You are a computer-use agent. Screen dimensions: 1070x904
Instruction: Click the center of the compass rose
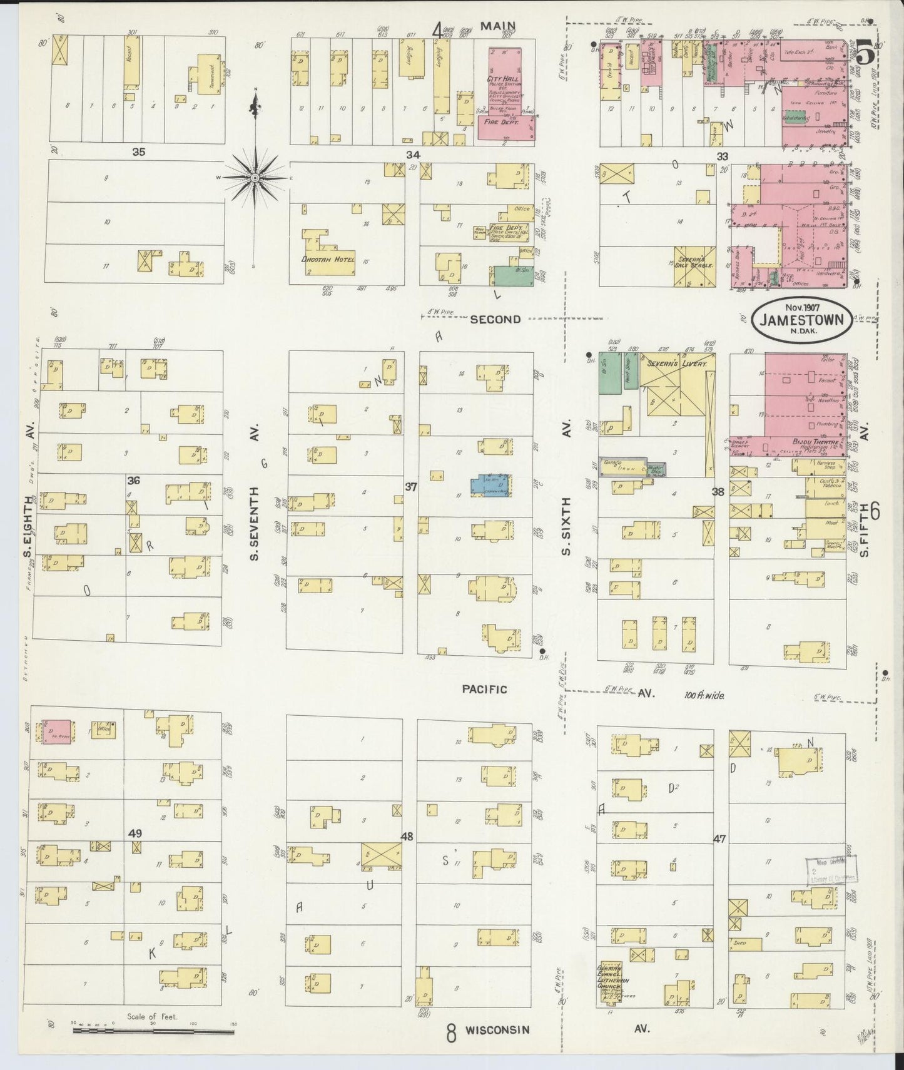256,178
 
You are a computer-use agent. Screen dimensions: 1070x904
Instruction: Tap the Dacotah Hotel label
328,259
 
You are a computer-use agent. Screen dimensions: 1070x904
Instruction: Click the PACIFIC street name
484,689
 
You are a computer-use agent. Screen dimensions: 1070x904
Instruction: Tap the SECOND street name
495,319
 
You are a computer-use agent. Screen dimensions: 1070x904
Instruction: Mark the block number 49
135,833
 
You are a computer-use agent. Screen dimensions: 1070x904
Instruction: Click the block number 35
139,151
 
